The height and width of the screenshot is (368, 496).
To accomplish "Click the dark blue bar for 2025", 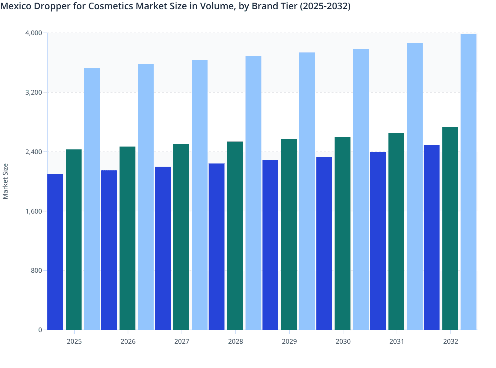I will click(x=55, y=252).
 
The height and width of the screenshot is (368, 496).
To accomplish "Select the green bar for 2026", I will click(x=127, y=238).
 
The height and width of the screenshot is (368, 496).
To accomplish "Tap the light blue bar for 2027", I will click(x=200, y=195).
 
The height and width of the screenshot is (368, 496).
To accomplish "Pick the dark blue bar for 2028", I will click(x=216, y=246).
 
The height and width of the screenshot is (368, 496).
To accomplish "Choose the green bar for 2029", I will click(x=289, y=235).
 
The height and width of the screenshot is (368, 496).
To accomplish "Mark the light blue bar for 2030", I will click(x=361, y=189).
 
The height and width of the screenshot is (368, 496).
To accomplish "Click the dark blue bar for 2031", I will click(x=378, y=241).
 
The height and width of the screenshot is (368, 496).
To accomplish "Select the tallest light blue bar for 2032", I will click(x=468, y=182).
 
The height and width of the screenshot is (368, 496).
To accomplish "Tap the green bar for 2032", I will click(x=450, y=228).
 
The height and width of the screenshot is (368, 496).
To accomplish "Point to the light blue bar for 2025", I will click(x=92, y=199).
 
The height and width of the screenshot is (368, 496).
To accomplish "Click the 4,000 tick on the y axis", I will click(x=34, y=33).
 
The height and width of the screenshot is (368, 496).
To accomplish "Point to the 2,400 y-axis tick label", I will click(x=34, y=152).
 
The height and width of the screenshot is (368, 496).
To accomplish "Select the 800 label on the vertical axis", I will click(x=36, y=270).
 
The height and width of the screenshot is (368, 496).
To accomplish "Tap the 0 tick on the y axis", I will click(x=40, y=330).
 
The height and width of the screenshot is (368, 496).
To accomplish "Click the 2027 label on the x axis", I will click(x=182, y=341).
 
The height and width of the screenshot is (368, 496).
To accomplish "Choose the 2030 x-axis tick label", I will click(x=343, y=341).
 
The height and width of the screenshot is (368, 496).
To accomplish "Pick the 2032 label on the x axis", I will click(x=451, y=341).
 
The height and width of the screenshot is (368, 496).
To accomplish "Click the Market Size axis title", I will click(x=6, y=181).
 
